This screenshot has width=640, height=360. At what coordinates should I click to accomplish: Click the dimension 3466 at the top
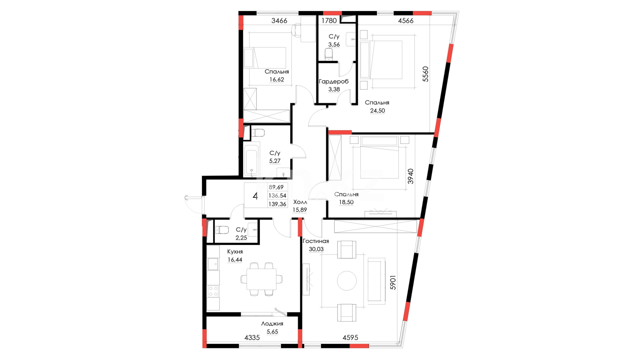279,21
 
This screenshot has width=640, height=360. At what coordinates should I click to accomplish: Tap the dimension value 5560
425,74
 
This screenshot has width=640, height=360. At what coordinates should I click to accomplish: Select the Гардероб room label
334,82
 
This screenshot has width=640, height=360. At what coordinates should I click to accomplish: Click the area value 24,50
377,111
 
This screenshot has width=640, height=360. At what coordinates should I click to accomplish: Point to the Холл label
300,202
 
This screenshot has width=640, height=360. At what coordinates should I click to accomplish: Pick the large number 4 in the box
255,196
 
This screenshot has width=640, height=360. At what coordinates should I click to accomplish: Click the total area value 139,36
277,204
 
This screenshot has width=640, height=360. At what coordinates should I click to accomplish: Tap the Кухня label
235,252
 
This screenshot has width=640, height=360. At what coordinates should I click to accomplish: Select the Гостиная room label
315,241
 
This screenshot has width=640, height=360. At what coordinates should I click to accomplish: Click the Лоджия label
272,324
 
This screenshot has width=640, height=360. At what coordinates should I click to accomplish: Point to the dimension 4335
252,338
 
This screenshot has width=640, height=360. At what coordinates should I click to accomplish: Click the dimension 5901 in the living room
393,282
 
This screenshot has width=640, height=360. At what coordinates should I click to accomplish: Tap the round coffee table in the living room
347,281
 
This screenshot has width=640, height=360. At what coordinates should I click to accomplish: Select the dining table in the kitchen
261,279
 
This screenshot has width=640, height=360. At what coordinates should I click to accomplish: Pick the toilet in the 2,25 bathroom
222,230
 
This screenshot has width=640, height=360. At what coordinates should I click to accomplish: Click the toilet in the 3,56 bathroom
329,54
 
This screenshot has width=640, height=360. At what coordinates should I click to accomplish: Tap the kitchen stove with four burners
213,291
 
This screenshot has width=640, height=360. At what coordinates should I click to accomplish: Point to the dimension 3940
411,176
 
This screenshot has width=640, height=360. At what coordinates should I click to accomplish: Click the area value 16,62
276,80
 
